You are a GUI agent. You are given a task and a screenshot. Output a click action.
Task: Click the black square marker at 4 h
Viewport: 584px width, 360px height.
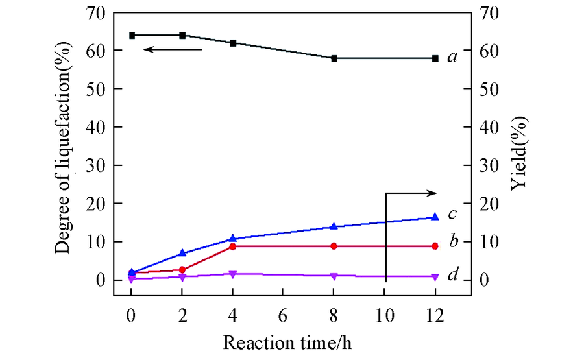click(x=233, y=43)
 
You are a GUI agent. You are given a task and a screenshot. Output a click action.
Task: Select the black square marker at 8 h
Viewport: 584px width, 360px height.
click(x=334, y=58)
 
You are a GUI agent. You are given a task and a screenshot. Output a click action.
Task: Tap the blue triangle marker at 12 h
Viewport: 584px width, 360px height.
click(x=435, y=217)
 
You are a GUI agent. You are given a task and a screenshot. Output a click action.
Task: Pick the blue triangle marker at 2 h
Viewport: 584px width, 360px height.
click(x=182, y=253)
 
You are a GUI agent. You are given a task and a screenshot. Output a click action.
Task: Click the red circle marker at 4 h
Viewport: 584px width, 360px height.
click(x=233, y=246)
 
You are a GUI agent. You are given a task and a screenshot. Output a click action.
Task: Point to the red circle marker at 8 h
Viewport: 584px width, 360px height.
click(x=334, y=246)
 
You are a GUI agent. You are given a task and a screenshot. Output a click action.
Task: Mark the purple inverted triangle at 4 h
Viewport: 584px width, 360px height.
click(x=233, y=274)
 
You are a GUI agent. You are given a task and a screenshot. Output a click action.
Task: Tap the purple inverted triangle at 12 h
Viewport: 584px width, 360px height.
click(x=435, y=276)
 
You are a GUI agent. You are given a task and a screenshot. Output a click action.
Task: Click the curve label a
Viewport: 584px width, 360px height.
click(x=453, y=58)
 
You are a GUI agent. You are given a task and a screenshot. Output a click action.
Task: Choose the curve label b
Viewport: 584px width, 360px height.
click(x=454, y=242)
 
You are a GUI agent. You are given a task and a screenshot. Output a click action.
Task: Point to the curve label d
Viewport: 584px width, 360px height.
click(x=454, y=275)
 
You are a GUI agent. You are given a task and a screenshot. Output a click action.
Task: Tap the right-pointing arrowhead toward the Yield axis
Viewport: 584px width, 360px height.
click(x=432, y=193)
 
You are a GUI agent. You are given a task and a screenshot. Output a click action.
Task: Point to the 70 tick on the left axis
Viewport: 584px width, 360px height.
click(x=97, y=12)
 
